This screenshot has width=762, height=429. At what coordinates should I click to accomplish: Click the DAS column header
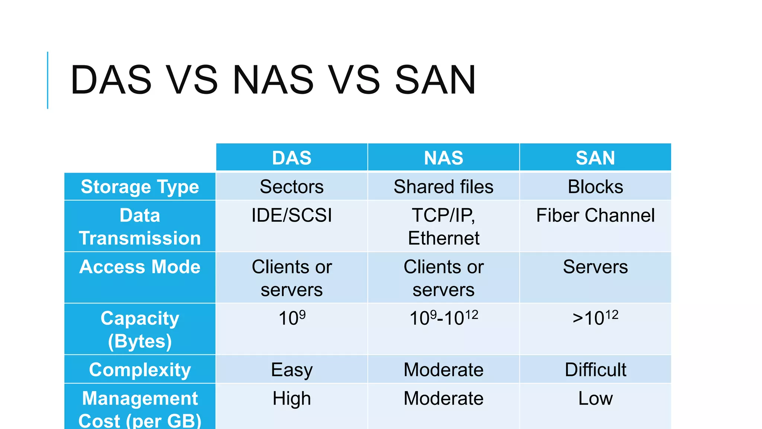292,158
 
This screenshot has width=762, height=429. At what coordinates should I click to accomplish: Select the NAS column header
444,158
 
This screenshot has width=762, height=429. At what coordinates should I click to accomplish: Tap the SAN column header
595,158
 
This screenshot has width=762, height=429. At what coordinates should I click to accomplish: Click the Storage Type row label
140,187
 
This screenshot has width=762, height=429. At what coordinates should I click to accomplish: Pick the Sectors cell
292,187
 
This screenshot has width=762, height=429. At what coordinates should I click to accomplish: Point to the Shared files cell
444,187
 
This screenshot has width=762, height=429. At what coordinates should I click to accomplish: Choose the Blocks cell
595,187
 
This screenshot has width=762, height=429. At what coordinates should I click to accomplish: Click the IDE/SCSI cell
292,216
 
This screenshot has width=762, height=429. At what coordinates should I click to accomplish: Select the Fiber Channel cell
595,216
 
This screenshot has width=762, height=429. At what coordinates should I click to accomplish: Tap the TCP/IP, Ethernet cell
444,226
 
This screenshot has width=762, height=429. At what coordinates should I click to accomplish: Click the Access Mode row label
140,267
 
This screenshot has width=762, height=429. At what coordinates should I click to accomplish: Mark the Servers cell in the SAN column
595,267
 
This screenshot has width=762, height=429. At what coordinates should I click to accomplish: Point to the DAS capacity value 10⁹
292,318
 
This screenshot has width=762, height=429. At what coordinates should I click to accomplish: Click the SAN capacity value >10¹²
595,318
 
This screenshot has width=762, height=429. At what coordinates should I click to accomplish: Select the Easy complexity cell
292,370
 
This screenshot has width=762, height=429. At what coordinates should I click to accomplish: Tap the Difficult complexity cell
595,370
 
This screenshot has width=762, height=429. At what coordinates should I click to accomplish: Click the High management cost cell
292,398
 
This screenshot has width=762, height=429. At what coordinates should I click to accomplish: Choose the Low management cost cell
595,398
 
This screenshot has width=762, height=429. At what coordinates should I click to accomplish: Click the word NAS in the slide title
273,80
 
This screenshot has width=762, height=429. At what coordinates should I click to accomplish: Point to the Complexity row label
140,370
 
